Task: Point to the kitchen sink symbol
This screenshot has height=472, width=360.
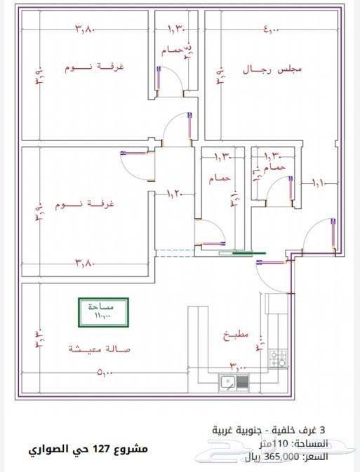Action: tap(234, 383)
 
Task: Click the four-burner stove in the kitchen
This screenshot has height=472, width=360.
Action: tap(279, 360)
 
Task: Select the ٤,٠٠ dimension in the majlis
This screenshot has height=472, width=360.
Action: tap(272, 29)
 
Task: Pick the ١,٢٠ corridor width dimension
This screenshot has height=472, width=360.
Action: tap(174, 193)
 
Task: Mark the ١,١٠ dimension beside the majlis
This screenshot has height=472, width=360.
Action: tap(319, 183)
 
